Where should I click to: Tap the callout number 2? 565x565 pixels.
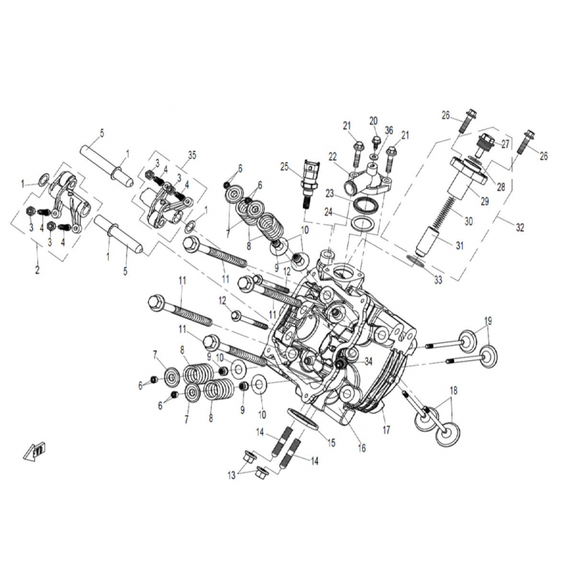37,270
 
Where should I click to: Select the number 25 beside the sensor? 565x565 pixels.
284,167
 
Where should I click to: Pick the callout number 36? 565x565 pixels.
388,130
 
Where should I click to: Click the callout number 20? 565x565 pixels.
374,121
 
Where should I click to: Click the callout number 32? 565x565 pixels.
520,227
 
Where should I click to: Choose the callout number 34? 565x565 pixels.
367,361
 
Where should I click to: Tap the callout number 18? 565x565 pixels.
453,390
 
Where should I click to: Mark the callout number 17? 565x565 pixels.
386,429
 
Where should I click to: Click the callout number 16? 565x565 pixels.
362,448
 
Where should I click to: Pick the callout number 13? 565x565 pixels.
231,475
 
